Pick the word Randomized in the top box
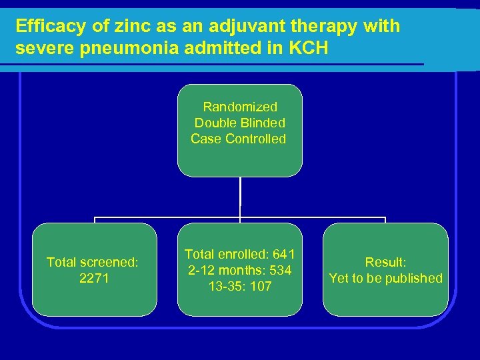(240, 107)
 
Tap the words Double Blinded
(240, 123)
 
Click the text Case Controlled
(239, 139)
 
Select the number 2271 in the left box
(95, 278)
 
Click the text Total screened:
(93, 262)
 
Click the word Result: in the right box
(385, 262)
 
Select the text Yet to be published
(385, 278)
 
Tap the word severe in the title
(39, 50)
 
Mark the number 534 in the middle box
(279, 270)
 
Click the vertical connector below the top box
(240, 197)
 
